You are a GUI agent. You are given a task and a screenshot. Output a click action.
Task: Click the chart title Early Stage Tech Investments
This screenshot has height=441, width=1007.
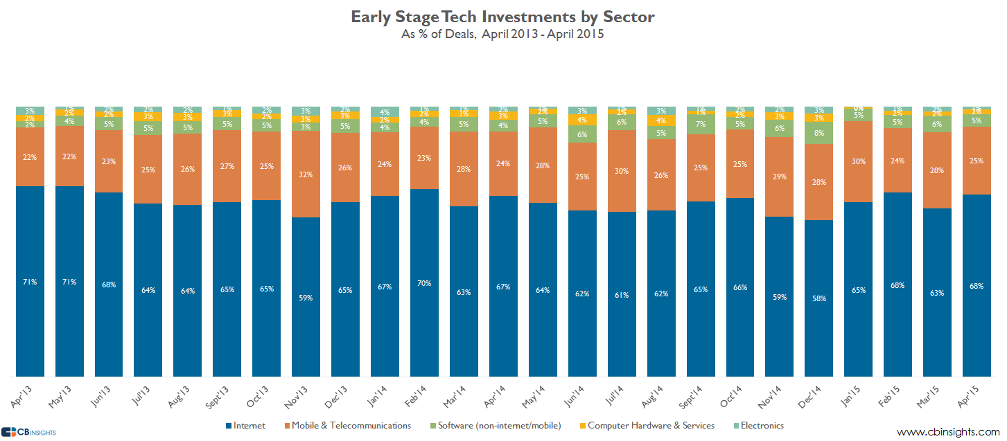(502, 17)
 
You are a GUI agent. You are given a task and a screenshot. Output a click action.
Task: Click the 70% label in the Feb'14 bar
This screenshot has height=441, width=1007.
(424, 283)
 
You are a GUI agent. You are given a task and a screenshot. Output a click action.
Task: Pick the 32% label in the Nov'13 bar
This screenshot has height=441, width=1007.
(306, 174)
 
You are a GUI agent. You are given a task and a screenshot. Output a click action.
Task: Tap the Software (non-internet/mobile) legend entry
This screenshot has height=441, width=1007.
(494, 425)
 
